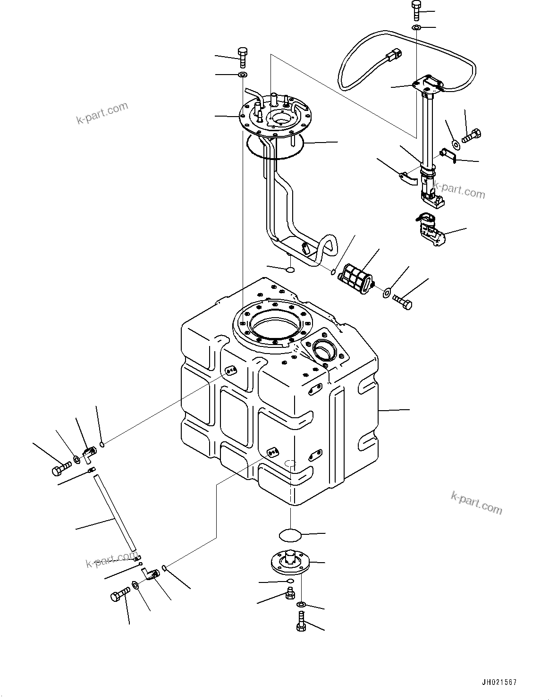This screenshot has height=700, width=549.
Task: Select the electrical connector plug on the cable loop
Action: coord(392,56)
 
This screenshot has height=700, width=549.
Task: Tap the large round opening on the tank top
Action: coord(273,325)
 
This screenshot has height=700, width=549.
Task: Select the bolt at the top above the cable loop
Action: coord(416,10)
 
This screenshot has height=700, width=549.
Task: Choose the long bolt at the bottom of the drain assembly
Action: coord(301,622)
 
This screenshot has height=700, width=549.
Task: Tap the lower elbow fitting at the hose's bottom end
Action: coord(151,574)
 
